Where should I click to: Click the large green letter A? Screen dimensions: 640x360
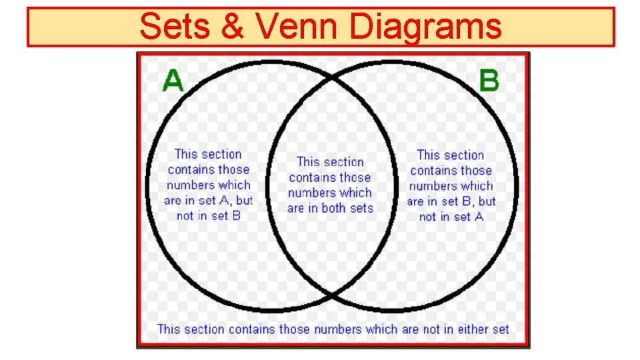tap(173, 81)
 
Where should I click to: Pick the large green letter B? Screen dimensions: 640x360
tap(489, 81)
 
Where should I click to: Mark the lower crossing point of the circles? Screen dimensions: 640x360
tap(331, 293)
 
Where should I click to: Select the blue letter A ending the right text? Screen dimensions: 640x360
tap(479, 217)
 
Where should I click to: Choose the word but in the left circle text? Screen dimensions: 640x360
tap(245, 201)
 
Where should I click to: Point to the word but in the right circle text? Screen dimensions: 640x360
tap(487, 201)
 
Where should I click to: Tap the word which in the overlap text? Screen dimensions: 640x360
tap(356, 193)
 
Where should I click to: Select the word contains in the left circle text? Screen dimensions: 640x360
tap(189, 170)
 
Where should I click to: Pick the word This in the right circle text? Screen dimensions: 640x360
tap(429, 155)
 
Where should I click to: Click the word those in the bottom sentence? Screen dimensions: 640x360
tap(294, 329)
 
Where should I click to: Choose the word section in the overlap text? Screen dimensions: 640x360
tap(344, 162)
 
